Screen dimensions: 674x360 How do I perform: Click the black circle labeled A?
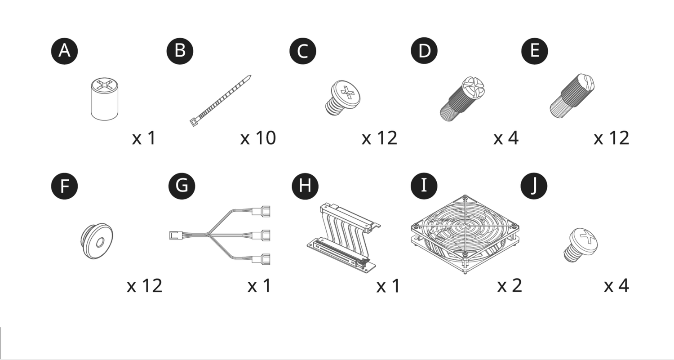point(64,51)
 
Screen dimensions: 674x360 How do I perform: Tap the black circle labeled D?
point(424,51)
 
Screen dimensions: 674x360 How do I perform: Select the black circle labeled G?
point(182,186)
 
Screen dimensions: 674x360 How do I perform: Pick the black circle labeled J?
point(534,186)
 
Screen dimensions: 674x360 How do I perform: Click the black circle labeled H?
point(305,186)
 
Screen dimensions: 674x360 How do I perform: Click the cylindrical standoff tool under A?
point(104,99)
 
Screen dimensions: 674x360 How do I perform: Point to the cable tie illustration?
point(220,101)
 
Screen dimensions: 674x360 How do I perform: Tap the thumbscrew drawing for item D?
point(462,99)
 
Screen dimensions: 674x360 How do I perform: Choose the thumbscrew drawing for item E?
point(572,96)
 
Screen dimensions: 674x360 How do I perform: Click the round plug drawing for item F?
point(97,241)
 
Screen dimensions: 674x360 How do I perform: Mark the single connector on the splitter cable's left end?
point(175,235)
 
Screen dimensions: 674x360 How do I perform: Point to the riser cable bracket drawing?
point(344,238)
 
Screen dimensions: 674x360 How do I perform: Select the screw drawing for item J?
point(581,244)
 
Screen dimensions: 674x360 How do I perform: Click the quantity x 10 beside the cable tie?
point(258,138)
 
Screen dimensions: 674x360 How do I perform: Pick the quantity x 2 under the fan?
point(510,286)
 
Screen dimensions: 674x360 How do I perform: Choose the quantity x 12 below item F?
point(144,286)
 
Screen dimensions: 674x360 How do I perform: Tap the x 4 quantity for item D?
point(506,138)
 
